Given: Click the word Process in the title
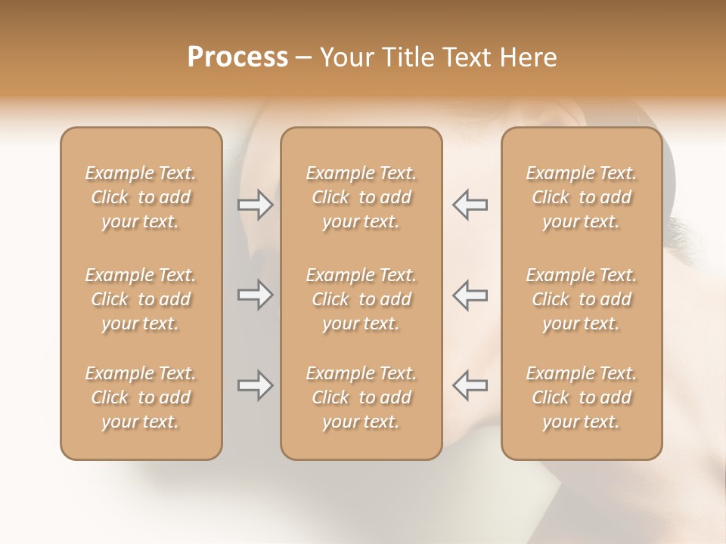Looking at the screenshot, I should click(x=237, y=57).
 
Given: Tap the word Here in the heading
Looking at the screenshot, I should click(x=529, y=57).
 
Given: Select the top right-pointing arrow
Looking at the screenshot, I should click(x=255, y=204).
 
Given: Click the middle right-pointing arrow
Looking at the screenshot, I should click(x=255, y=295).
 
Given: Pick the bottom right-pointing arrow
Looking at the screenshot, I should click(x=255, y=385).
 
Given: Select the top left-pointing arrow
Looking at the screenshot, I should click(x=470, y=204).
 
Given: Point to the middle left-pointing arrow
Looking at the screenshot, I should click(x=470, y=295).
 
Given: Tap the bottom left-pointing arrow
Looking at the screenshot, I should click(x=470, y=385).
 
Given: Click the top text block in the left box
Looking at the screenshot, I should click(x=141, y=197).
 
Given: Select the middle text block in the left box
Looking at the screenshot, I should click(x=141, y=299).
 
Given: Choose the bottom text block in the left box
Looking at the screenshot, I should click(x=141, y=397).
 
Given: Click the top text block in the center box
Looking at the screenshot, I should click(x=361, y=197).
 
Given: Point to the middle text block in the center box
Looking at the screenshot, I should click(x=361, y=299).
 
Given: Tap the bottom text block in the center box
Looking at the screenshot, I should click(x=361, y=397).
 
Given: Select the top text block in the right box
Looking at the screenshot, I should click(x=581, y=197).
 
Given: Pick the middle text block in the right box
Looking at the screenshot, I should click(x=581, y=299).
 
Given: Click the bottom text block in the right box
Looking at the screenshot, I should click(x=581, y=397).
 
